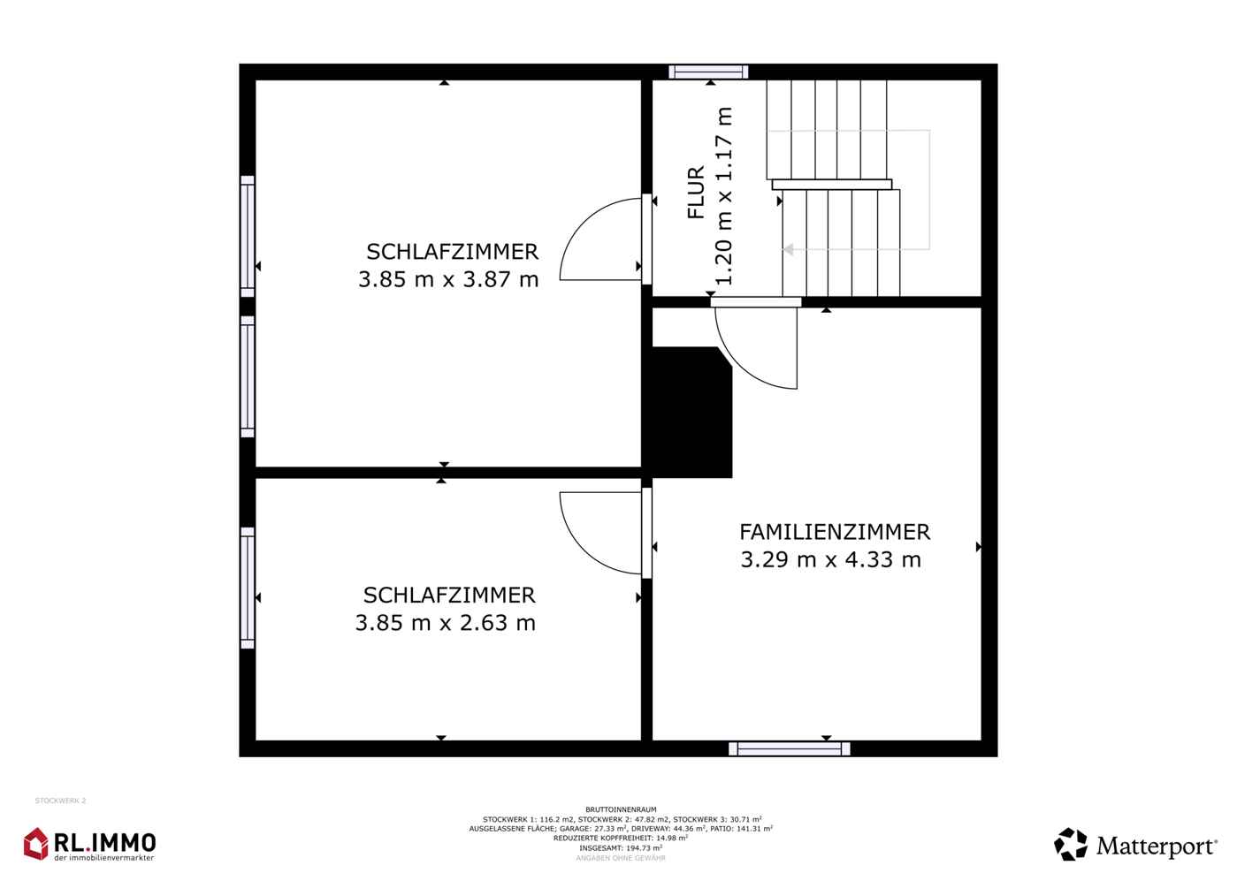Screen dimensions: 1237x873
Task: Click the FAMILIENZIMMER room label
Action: (x=835, y=532)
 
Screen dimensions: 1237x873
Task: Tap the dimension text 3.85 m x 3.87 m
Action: (x=448, y=279)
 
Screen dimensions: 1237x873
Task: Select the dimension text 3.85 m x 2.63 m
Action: (x=445, y=622)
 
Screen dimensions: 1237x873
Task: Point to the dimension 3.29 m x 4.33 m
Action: (x=830, y=559)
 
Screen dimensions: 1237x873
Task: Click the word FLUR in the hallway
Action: (x=697, y=192)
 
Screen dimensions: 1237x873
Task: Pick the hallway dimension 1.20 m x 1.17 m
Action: (x=723, y=196)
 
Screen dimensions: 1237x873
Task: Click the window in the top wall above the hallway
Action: (x=708, y=72)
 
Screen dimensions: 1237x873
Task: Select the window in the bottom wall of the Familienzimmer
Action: (x=789, y=748)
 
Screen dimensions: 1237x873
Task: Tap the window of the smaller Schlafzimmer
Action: (x=248, y=588)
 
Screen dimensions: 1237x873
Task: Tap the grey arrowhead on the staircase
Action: (x=789, y=249)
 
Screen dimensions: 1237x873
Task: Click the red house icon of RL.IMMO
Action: (x=36, y=844)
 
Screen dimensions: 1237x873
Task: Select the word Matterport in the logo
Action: (x=1157, y=846)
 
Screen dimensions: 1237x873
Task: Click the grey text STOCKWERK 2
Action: (x=61, y=801)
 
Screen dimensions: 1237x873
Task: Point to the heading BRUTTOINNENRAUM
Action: (x=622, y=810)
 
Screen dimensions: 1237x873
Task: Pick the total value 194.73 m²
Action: (x=645, y=848)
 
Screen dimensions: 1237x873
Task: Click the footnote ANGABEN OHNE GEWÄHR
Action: (x=621, y=858)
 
